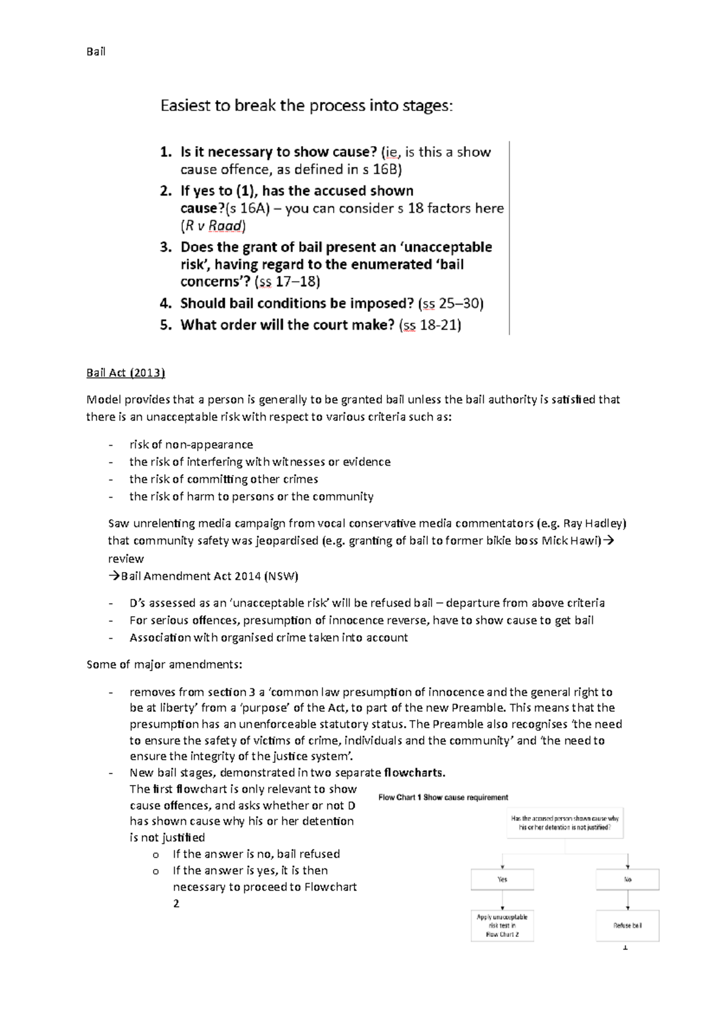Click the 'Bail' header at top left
[x=96, y=52]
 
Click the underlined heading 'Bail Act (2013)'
[x=125, y=373]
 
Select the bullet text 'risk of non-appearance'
[x=191, y=445]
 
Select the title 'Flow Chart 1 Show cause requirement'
[x=443, y=797]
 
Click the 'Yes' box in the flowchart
[x=502, y=879]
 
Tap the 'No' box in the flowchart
[x=628, y=879]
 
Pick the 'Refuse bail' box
[x=628, y=926]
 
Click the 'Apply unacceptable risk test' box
[x=502, y=926]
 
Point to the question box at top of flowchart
[x=565, y=823]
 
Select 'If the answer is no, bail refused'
[x=256, y=854]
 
